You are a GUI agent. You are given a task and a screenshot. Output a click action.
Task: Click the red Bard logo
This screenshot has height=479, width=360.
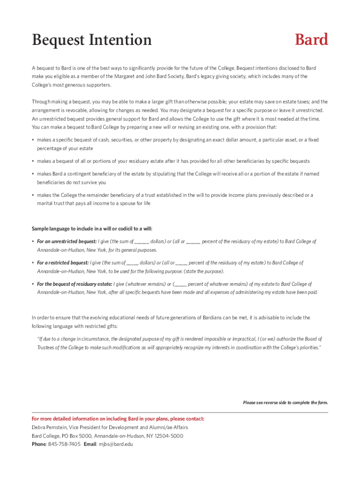[311, 40]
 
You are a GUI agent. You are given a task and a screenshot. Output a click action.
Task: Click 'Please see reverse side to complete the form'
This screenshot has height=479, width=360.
[285, 402]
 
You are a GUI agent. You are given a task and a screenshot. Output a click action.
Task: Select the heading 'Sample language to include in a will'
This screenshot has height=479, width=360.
[92, 229]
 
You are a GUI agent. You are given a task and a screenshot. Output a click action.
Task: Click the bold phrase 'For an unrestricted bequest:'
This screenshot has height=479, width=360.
[66, 241]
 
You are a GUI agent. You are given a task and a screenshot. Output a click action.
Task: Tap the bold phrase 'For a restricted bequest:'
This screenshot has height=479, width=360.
[63, 263]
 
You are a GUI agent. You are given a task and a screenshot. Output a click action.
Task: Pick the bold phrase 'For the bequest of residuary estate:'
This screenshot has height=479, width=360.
[74, 284]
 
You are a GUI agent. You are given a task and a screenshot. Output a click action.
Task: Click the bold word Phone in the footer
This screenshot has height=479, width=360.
[39, 444]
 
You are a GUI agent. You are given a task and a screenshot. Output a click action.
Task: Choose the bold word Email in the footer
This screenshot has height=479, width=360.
[90, 444]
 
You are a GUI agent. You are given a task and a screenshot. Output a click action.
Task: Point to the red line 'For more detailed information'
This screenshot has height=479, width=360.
[118, 419]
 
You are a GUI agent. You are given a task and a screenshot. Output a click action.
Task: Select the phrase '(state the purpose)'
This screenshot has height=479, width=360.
[203, 271]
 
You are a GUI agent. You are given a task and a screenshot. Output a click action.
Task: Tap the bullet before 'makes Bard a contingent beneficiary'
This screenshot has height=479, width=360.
[33, 174]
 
